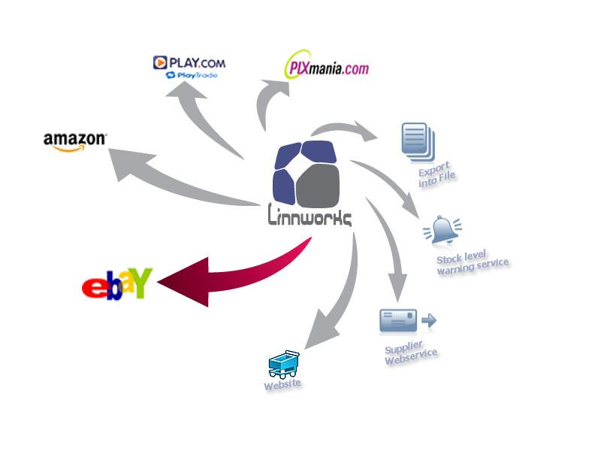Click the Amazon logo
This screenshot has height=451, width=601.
[x=75, y=141]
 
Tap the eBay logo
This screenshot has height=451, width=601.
[x=117, y=284]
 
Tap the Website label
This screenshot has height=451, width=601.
[x=282, y=385]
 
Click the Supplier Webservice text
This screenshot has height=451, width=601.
[x=410, y=353]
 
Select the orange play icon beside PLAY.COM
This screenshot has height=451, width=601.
[x=160, y=62]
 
